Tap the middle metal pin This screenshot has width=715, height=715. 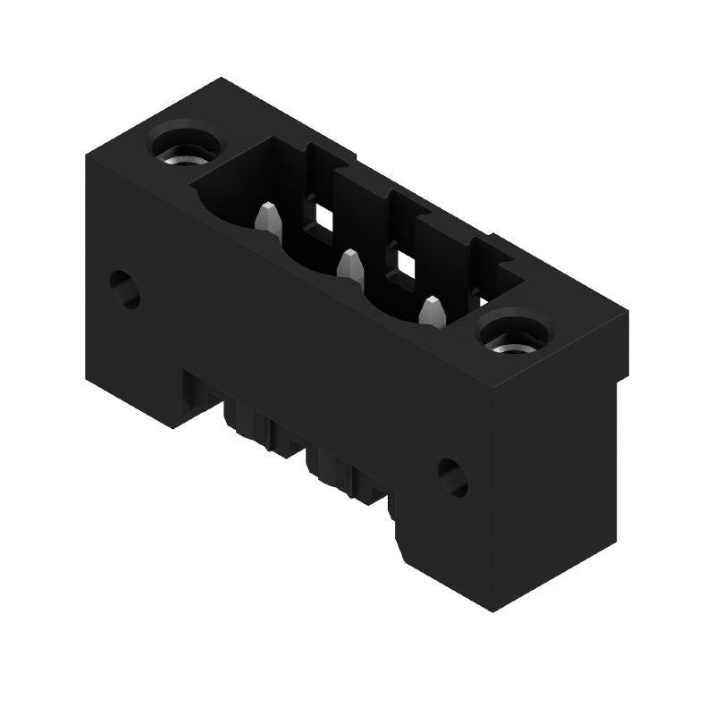tap(350, 265)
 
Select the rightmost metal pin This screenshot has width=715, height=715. tap(433, 311)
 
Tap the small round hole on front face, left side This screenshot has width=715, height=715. tap(125, 287)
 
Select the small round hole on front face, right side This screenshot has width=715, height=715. tap(453, 476)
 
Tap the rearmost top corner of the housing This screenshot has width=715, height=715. tap(221, 79)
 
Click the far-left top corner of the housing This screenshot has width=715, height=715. tap(87, 156)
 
